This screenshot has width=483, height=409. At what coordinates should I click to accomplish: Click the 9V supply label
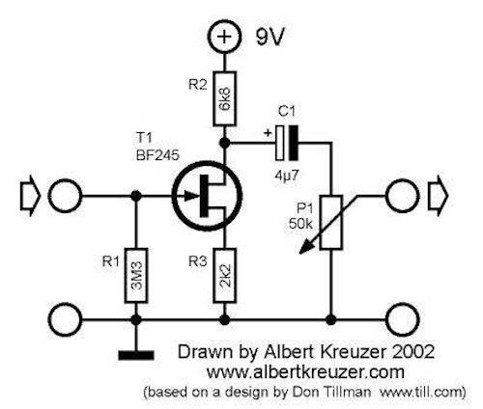pyautogui.click(x=270, y=38)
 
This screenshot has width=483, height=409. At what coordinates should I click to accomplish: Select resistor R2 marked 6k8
pyautogui.click(x=224, y=98)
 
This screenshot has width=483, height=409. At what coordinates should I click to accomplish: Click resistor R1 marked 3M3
pyautogui.click(x=136, y=275)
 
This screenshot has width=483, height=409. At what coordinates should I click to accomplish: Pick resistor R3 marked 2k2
pyautogui.click(x=224, y=275)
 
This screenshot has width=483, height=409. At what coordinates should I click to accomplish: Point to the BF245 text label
pyautogui.click(x=157, y=156)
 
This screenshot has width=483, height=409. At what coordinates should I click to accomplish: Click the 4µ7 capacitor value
pyautogui.click(x=287, y=176)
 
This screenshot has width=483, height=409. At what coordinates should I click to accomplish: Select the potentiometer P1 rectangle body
pyautogui.click(x=330, y=223)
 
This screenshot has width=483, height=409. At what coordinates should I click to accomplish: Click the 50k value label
pyautogui.click(x=300, y=224)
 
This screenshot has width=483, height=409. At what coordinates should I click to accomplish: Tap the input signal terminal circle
pyautogui.click(x=66, y=196)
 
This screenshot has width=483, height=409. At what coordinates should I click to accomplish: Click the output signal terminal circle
pyautogui.click(x=402, y=196)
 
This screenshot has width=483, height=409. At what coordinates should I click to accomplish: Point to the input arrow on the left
pyautogui.click(x=31, y=196)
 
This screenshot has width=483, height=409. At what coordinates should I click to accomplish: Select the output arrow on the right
pyautogui.click(x=438, y=196)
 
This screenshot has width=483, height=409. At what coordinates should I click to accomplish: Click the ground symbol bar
pyautogui.click(x=136, y=355)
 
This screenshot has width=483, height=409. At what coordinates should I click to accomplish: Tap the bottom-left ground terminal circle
pyautogui.click(x=66, y=319)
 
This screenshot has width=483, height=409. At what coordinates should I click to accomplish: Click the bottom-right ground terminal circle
pyautogui.click(x=402, y=319)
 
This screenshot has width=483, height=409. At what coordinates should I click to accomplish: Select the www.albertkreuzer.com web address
pyautogui.click(x=305, y=372)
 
